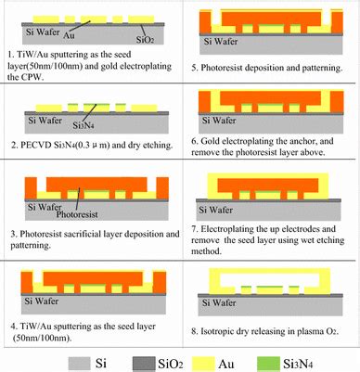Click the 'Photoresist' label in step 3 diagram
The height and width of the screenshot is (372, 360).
coord(87,212)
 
